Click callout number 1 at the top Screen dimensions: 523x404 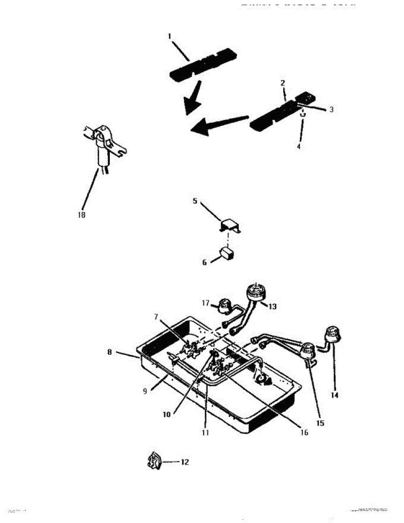point(170,37)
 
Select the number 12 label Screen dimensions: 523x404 point(185,462)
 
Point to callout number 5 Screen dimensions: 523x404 point(195,201)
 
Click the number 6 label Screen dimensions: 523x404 point(204,263)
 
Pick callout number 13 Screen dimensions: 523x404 point(272,306)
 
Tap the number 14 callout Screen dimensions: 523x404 point(334,395)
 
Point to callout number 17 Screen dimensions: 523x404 point(206,302)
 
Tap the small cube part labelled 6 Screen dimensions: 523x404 point(227,253)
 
